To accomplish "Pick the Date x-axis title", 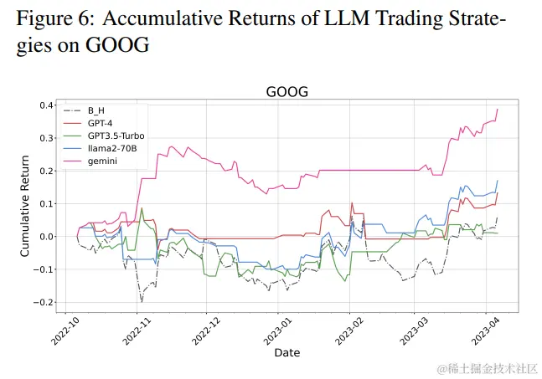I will (x=286, y=353).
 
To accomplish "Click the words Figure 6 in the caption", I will (x=52, y=18).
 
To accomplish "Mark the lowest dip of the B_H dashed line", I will (x=142, y=300).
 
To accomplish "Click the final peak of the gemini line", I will (x=498, y=109).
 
